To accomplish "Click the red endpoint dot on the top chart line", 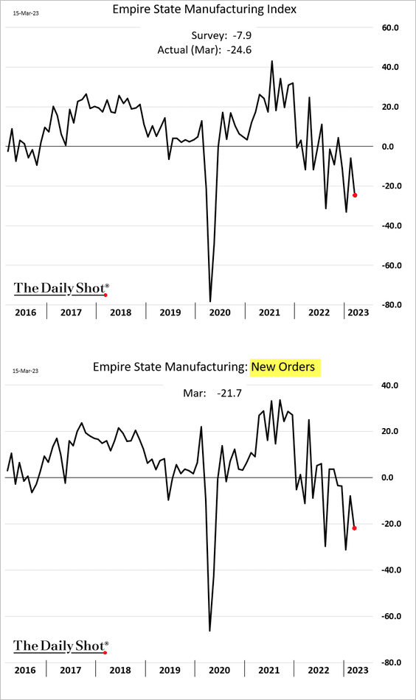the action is (x=355, y=195).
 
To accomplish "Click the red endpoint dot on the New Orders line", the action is (x=354, y=528).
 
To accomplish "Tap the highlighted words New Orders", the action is (x=283, y=367).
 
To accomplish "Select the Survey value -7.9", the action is (x=242, y=35).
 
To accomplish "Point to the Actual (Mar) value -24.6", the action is (x=239, y=49).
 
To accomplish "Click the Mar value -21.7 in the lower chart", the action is (x=229, y=393).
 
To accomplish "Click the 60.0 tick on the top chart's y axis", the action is (x=390, y=28).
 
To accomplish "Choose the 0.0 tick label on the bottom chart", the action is (x=388, y=477).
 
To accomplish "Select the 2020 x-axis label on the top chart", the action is (x=220, y=312).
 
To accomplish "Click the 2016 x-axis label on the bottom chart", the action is (x=25, y=670).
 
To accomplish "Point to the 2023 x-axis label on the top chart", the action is (x=358, y=312).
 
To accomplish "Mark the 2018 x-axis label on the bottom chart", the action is (x=120, y=670).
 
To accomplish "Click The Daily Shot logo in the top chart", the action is (x=61, y=288).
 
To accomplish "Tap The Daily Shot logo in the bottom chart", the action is (x=61, y=646).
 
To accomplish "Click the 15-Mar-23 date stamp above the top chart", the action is (x=26, y=13).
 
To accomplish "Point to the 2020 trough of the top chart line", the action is (x=210, y=302).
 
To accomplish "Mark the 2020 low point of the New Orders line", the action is (x=209, y=630).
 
